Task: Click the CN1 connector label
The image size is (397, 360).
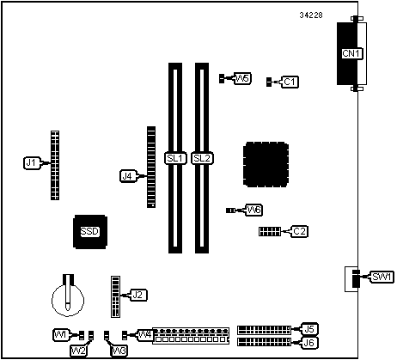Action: [352, 53]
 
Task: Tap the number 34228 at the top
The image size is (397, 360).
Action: [311, 15]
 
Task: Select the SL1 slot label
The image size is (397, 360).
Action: [175, 158]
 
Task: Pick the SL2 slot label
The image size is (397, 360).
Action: [202, 158]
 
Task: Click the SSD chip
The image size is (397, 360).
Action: [90, 231]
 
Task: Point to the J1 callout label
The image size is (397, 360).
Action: [32, 163]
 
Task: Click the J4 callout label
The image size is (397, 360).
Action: [128, 176]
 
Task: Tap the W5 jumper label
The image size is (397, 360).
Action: [242, 78]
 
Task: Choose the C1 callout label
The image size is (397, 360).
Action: [290, 82]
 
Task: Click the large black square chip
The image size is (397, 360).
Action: [266, 164]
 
